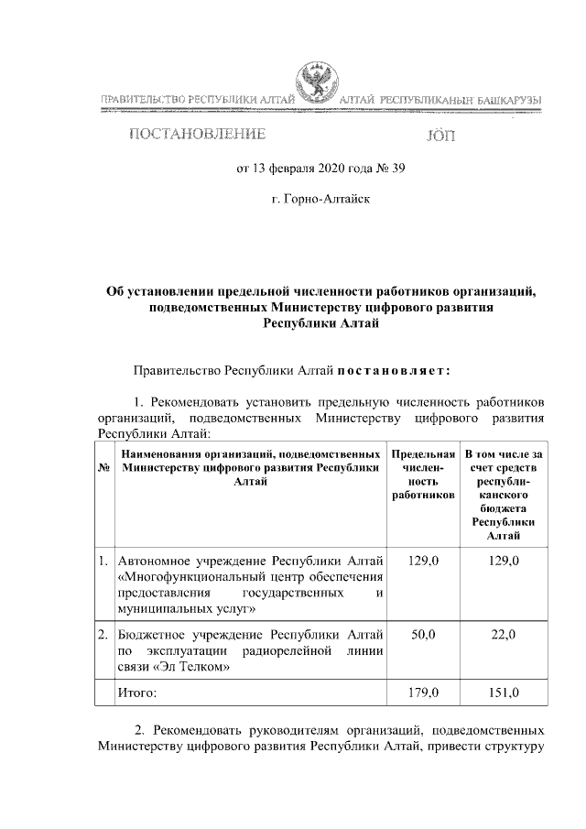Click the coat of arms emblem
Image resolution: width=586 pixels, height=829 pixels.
(x=315, y=84)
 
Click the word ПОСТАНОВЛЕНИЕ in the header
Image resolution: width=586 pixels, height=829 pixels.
(x=197, y=136)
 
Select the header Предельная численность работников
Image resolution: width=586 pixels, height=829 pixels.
(x=423, y=474)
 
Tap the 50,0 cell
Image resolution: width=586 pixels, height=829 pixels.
(x=423, y=634)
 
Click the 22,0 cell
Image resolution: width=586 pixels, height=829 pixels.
(x=503, y=634)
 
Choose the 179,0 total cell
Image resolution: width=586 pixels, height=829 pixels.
(x=423, y=693)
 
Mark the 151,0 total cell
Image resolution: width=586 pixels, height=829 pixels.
(x=503, y=693)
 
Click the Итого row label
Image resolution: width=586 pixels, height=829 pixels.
(x=136, y=693)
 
